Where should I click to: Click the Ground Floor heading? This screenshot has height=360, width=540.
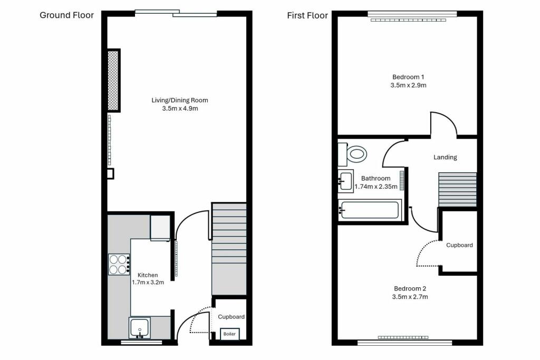point(67,15)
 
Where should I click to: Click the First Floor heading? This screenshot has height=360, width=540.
point(307,15)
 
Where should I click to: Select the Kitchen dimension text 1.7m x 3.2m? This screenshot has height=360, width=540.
point(148,283)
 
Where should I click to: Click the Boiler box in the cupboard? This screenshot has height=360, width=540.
point(230,334)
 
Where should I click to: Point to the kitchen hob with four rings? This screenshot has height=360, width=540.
point(119,264)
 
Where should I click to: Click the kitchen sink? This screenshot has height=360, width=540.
point(140,328)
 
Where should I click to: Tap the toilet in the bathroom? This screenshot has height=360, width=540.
point(355,154)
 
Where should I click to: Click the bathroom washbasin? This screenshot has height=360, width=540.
point(346,181)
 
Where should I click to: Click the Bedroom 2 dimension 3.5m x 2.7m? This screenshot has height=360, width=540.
point(410,297)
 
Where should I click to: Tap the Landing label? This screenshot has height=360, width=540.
point(445,157)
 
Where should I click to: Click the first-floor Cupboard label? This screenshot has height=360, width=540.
point(459,245)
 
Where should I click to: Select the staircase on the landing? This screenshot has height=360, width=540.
point(457,190)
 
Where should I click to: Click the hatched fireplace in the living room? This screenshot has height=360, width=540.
point(113,80)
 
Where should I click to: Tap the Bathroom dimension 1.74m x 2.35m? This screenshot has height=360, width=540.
point(376,186)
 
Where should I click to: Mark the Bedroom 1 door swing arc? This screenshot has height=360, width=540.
point(444,122)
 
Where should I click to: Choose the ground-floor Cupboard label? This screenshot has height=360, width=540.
point(232,317)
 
